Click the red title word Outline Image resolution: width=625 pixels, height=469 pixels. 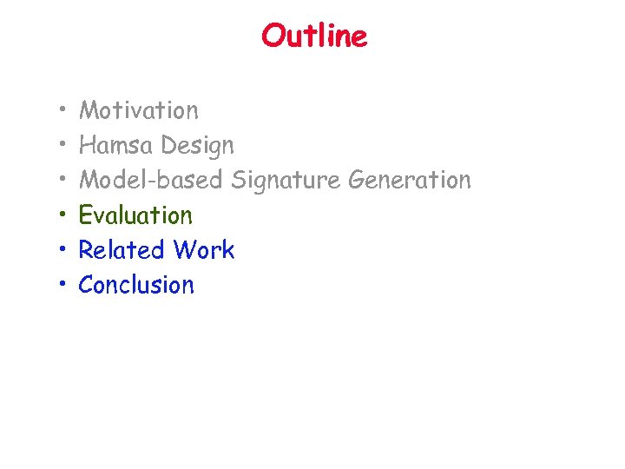tap(314, 36)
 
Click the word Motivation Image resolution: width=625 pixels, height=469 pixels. tap(139, 110)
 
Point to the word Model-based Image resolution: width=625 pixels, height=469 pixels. tap(151, 180)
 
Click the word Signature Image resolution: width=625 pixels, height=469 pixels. tap(286, 181)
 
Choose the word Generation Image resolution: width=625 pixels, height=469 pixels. tap(410, 180)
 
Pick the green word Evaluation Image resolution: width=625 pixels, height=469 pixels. tap(135, 215)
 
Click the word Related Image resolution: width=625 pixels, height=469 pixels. tap(122, 249)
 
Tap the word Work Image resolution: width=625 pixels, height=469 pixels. tap(204, 249)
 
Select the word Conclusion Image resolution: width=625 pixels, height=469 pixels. tap(136, 284)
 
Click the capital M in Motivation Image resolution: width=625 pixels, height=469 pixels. tap(89, 110)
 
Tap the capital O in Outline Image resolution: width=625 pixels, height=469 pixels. tap(273, 36)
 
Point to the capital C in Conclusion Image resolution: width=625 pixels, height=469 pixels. tap(88, 284)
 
